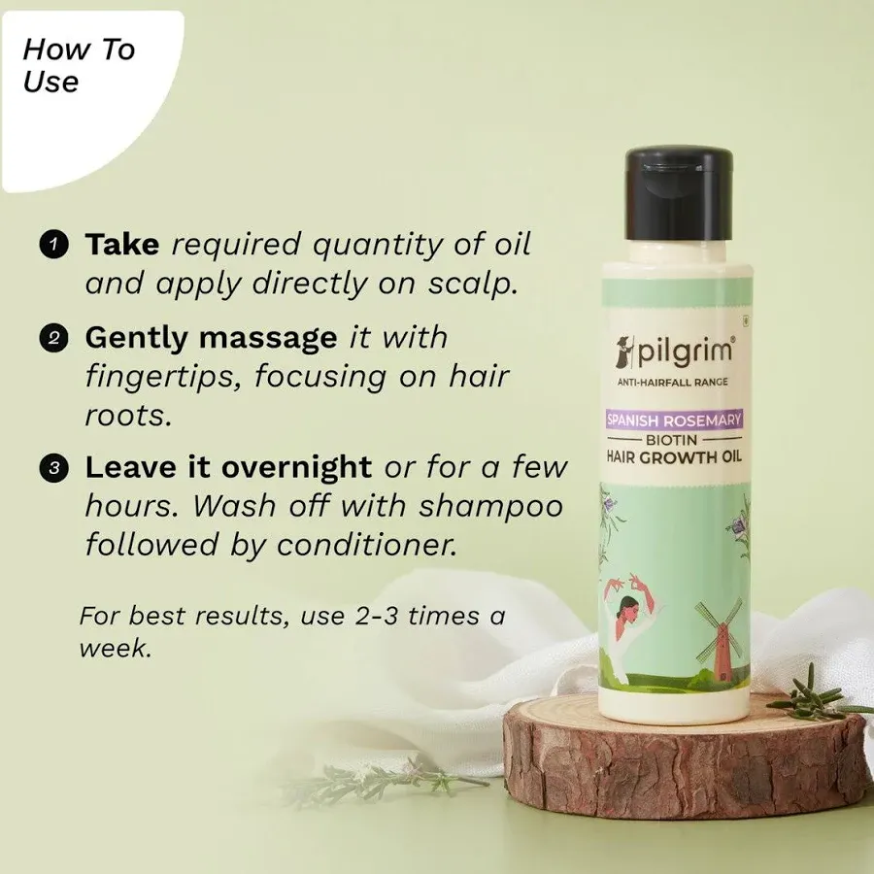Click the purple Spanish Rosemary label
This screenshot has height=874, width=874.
tap(674, 420)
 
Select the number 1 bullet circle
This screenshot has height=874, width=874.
tap(54, 245)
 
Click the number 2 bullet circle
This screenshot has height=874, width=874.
tap(54, 339)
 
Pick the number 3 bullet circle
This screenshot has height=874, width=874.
tap(54, 469)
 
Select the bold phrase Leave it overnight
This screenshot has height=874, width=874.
tap(228, 468)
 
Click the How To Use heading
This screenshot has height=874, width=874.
tap(78, 64)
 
